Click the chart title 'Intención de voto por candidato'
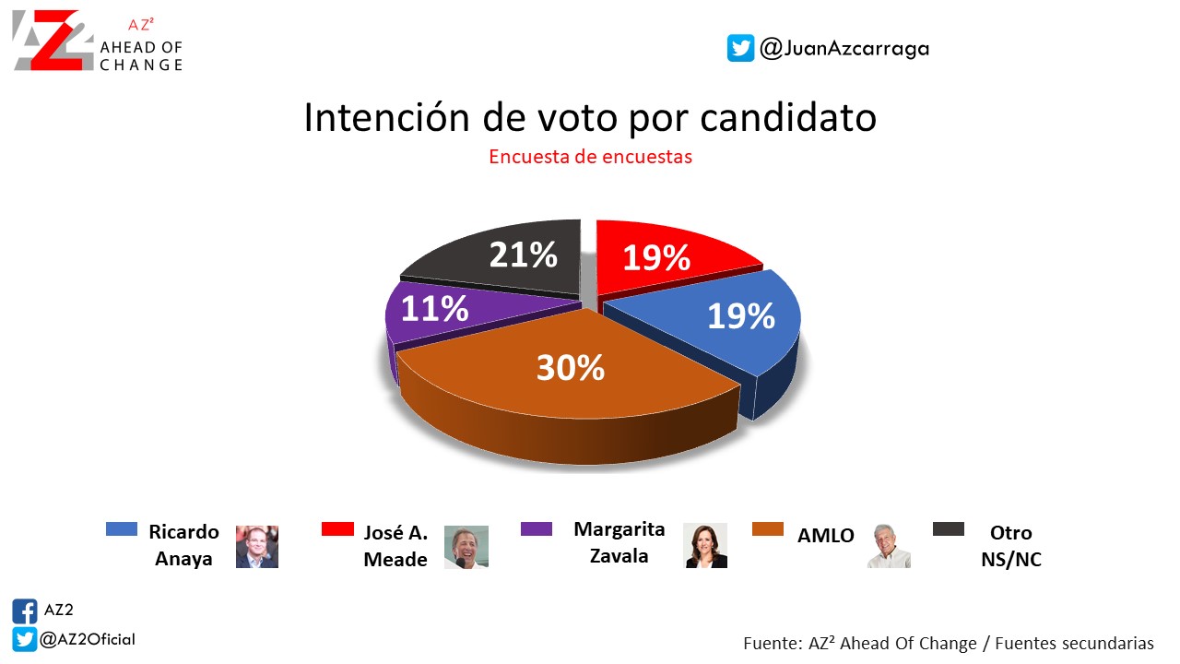click(x=590, y=118)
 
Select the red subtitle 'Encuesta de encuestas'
click(x=590, y=157)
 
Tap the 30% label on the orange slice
click(x=571, y=368)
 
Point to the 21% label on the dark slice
click(x=523, y=255)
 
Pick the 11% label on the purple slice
click(x=434, y=309)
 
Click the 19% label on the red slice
click(x=656, y=258)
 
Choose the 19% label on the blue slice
click(x=741, y=316)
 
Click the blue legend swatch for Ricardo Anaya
click(x=122, y=529)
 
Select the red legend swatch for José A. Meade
click(x=336, y=529)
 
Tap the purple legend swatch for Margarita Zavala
click(x=537, y=529)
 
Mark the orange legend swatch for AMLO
click(x=768, y=529)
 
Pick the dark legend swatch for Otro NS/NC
click(x=949, y=529)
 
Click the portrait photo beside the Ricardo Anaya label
click(x=257, y=547)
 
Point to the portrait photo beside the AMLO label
click(x=889, y=545)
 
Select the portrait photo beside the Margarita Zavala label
click(x=705, y=545)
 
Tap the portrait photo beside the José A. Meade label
click(x=466, y=547)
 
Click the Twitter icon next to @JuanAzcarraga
click(x=740, y=48)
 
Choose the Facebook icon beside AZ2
click(x=25, y=611)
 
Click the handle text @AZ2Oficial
click(x=88, y=639)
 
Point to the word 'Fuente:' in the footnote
click(x=770, y=643)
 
